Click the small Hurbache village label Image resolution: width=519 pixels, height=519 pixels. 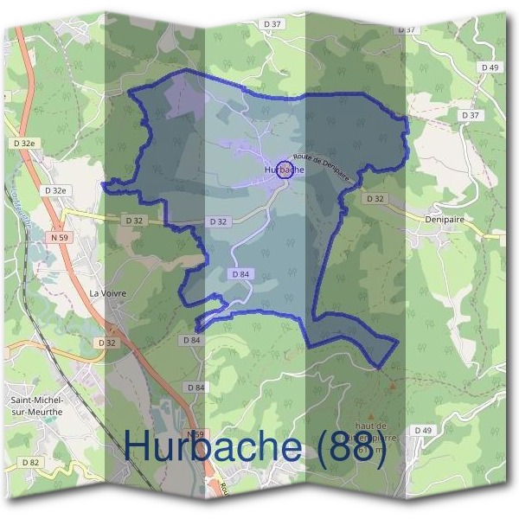click(285, 170)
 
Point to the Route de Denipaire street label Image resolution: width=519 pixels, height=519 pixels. click(323, 164)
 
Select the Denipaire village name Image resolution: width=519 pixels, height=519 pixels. click(445, 220)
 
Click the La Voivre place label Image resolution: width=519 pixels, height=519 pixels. click(108, 293)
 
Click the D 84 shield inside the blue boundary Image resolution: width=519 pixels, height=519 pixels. click(241, 273)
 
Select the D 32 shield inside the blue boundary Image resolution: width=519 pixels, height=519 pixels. click(218, 221)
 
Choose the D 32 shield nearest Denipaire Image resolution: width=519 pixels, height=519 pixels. click(375, 198)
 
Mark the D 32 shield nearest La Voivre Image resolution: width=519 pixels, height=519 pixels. click(107, 343)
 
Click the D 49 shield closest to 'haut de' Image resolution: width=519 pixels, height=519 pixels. click(422, 430)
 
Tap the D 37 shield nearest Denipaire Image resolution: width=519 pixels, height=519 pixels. click(471, 115)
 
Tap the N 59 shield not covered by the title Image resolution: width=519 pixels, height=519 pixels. click(60, 237)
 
